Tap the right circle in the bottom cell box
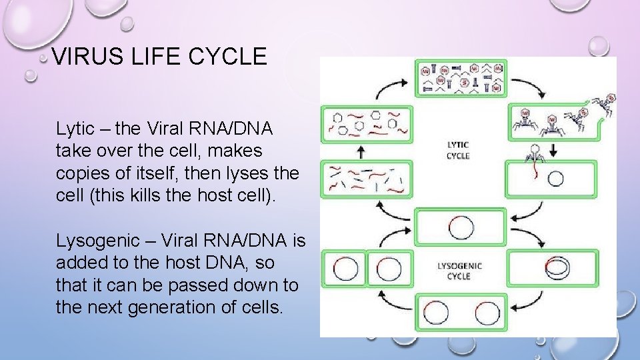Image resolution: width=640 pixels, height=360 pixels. click(x=485, y=312)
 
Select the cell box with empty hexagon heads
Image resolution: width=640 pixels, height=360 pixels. click(x=365, y=124)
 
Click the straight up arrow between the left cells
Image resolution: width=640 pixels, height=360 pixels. click(x=361, y=153)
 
